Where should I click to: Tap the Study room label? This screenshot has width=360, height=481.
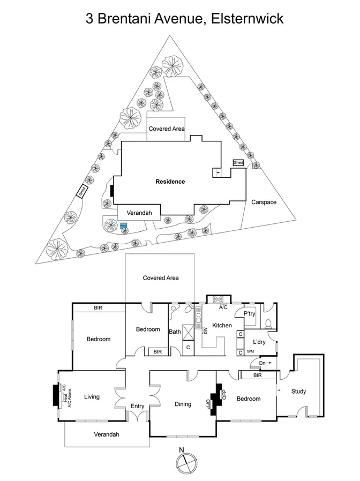[x=298, y=392]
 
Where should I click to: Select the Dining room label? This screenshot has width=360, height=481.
[x=183, y=404]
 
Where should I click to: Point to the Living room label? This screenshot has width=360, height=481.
[x=92, y=397]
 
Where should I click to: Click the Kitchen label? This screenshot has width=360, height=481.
[x=222, y=325]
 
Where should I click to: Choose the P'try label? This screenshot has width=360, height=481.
[x=249, y=313]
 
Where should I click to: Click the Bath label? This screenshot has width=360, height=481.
[x=175, y=332]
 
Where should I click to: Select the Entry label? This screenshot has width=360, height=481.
[x=138, y=406]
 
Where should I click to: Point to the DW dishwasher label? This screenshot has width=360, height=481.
[x=205, y=330]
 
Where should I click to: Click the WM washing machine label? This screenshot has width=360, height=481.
[x=250, y=352]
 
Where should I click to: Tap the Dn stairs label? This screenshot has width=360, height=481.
[x=261, y=363]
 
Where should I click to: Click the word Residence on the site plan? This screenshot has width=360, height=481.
[x=170, y=182]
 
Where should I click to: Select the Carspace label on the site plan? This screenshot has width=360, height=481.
[x=264, y=202]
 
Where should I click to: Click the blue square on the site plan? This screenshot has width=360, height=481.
[x=124, y=226]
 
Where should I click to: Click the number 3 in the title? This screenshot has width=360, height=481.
[x=91, y=19]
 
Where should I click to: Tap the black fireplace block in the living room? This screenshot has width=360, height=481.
[x=57, y=396]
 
